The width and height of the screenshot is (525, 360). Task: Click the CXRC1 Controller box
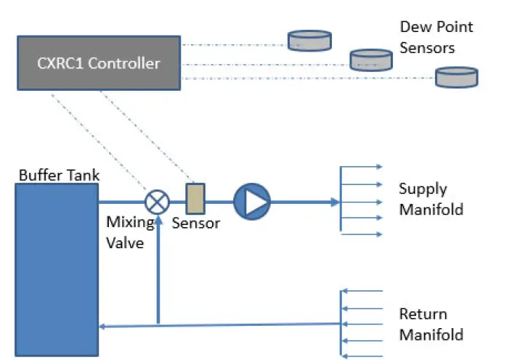pyautogui.click(x=99, y=63)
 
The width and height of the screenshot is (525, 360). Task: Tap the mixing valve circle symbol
pyautogui.click(x=156, y=200)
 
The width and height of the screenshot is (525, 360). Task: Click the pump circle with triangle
pyautogui.click(x=251, y=201)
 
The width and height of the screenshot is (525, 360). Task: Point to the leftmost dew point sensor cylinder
pyautogui.click(x=310, y=40)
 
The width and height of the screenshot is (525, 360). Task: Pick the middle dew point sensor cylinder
pyautogui.click(x=371, y=60)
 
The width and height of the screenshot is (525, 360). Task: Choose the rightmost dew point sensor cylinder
pyautogui.click(x=457, y=77)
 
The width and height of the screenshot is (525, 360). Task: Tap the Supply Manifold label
pyautogui.click(x=431, y=200)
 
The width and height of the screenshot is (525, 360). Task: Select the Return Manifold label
pyautogui.click(x=431, y=324)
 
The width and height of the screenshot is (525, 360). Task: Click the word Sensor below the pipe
pyautogui.click(x=195, y=224)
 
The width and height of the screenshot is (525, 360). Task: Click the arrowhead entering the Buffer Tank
pyautogui.click(x=103, y=327)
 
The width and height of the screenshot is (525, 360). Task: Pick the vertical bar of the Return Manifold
pyautogui.click(x=341, y=324)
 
